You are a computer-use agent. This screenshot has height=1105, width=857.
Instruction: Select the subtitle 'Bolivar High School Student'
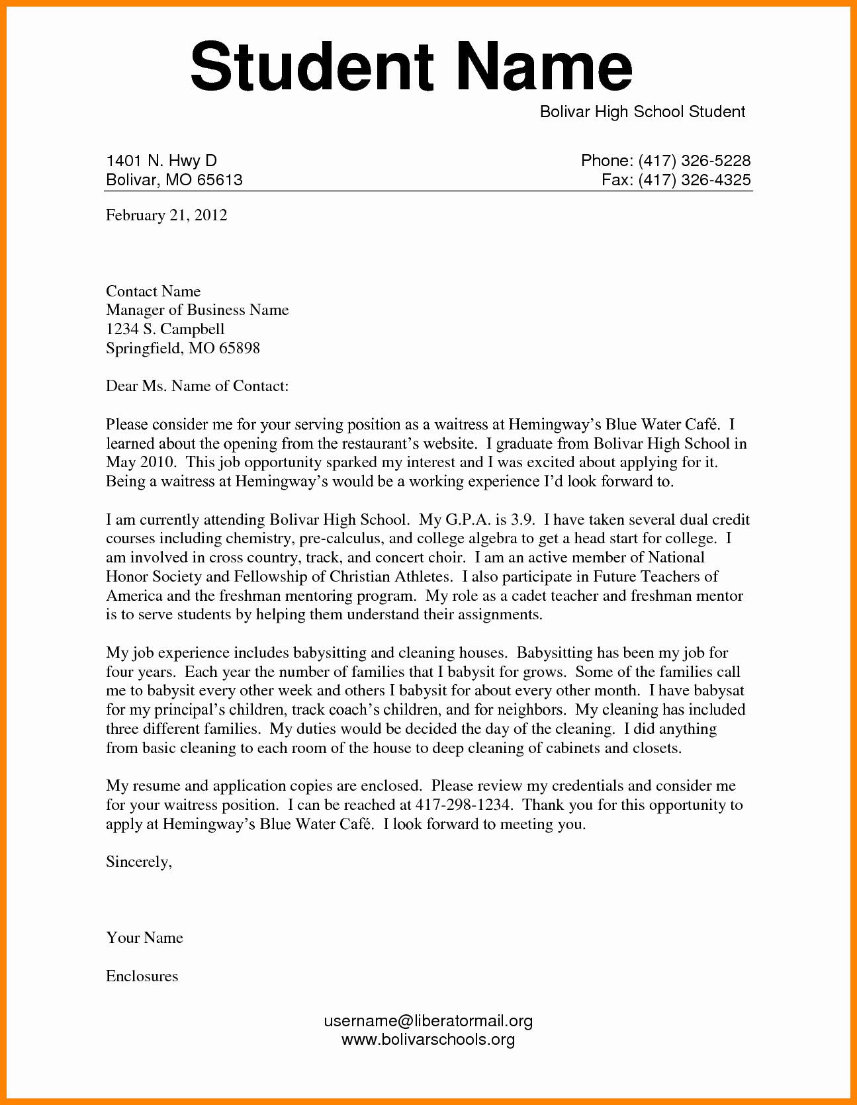[x=643, y=112]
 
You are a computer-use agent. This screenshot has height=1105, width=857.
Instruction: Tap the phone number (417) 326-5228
[x=694, y=161]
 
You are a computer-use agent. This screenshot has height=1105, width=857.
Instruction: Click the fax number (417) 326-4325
[x=694, y=180]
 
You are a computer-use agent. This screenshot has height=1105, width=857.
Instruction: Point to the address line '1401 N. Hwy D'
[x=161, y=161]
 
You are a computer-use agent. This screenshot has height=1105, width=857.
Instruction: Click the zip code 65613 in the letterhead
[x=220, y=180]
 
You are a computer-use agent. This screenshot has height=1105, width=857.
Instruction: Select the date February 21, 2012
[x=166, y=215]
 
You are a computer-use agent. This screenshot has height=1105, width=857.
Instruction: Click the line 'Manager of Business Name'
[x=197, y=310]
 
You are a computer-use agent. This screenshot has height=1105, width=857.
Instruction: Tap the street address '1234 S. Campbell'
[x=165, y=329]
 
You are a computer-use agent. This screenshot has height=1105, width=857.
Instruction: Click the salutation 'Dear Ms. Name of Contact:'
[x=197, y=386]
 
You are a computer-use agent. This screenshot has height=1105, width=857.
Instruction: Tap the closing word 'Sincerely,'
[x=139, y=862]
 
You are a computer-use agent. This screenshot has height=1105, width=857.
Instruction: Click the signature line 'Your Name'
[x=144, y=938]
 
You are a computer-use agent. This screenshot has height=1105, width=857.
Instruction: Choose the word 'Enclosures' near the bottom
[x=142, y=976]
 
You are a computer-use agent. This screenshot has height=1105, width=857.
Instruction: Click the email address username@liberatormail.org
[x=428, y=1021]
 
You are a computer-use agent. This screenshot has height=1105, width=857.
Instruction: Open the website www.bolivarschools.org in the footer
[x=428, y=1039]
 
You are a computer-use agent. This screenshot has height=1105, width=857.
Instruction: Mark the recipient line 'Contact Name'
[x=153, y=291]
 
